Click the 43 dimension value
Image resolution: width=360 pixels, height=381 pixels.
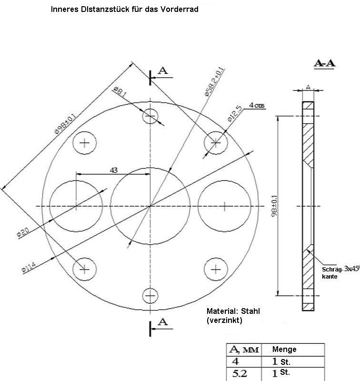(113, 170)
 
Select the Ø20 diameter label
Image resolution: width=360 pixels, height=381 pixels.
(22, 232)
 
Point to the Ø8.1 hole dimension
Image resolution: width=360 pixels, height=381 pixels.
(120, 92)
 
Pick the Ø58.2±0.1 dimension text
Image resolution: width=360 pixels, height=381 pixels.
(214, 82)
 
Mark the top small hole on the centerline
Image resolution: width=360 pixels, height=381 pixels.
(150, 116)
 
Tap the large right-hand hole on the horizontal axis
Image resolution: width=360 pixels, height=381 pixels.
(224, 206)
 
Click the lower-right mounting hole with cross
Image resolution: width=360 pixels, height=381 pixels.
(216, 270)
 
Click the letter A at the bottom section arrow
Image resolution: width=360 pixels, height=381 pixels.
(163, 322)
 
